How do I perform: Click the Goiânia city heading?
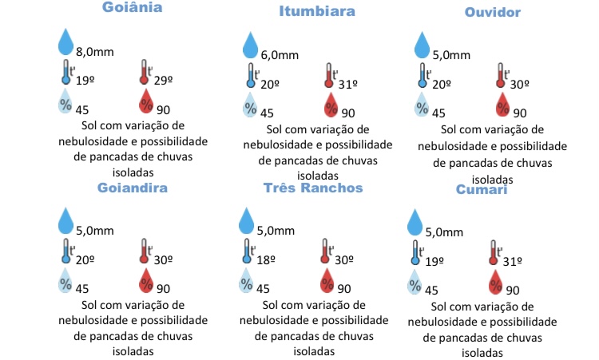click(132, 9)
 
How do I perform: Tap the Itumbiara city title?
click(317, 12)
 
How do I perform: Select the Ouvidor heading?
click(492, 13)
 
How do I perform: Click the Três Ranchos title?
click(313, 188)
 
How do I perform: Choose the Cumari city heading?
click(482, 190)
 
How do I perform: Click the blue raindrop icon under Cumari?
click(415, 223)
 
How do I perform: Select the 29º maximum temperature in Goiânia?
click(165, 81)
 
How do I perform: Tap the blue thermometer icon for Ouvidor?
click(420, 73)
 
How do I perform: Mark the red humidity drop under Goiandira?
click(146, 280)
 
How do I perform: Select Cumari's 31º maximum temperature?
click(512, 261)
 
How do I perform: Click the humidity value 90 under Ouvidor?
click(520, 113)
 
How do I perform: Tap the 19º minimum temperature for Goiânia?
click(85, 81)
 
